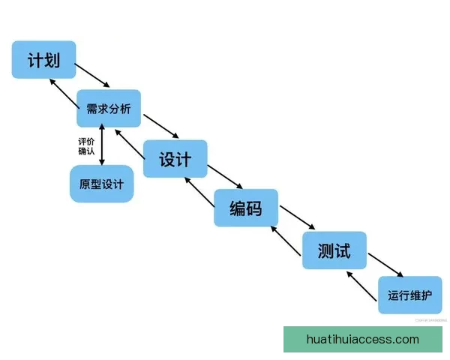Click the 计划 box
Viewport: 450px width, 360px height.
tap(43, 59)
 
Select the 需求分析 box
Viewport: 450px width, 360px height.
tap(108, 109)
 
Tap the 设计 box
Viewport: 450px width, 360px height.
tap(175, 159)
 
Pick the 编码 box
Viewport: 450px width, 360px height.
tap(246, 208)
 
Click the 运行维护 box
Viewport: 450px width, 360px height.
tap(409, 295)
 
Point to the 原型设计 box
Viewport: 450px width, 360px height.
tap(101, 184)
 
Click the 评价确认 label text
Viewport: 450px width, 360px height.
tap(86, 145)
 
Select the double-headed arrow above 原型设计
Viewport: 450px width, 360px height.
tap(102, 146)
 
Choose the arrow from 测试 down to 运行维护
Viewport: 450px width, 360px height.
tap(387, 264)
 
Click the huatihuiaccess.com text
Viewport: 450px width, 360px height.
tap(363, 340)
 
